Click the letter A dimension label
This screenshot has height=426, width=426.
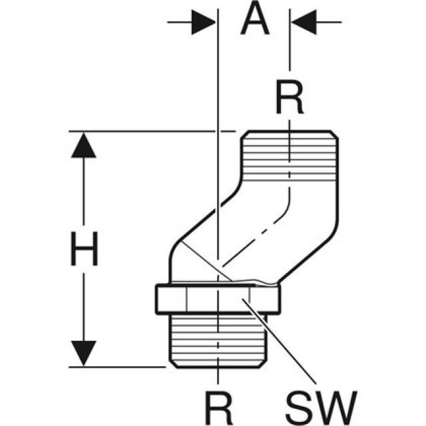click(255, 21)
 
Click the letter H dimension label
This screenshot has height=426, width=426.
click(85, 252)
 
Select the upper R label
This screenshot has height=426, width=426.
click(290, 101)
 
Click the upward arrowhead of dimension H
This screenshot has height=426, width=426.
click(84, 145)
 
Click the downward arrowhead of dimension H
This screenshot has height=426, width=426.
click(84, 353)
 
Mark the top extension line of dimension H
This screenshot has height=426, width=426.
click(153, 131)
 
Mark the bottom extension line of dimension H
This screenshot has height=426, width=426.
click(120, 366)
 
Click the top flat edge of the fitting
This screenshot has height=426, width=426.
click(293, 131)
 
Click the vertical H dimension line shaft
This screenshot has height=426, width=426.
click(84, 200)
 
